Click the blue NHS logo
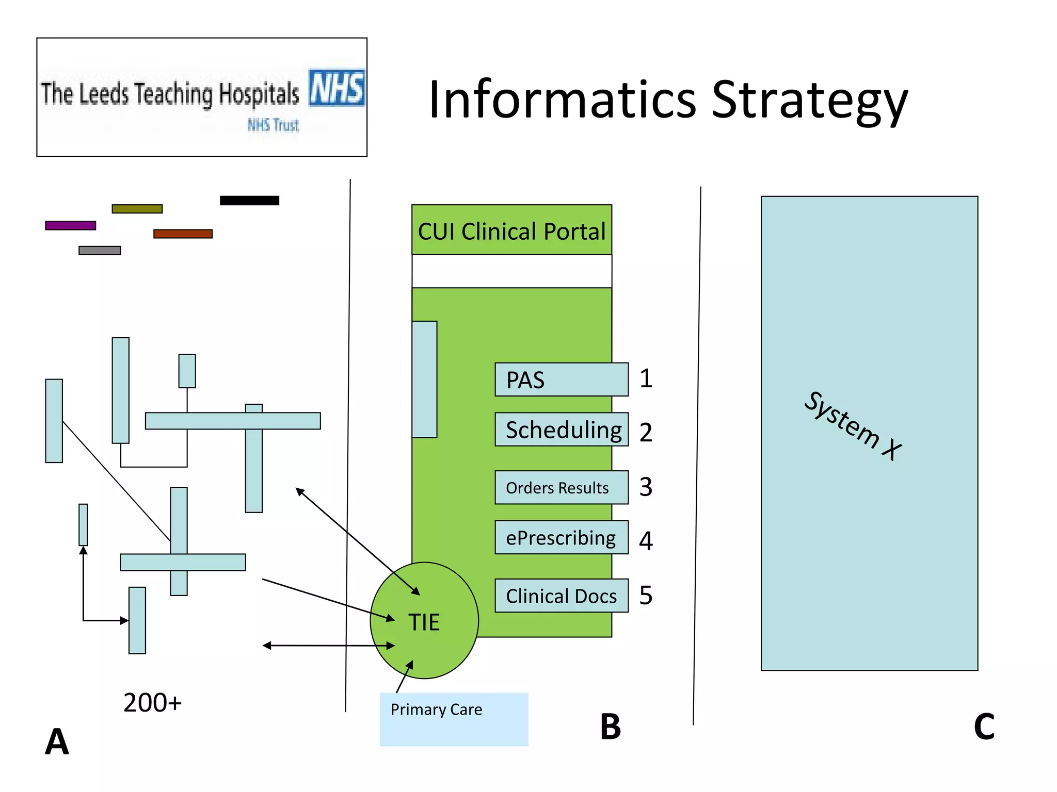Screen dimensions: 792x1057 337,88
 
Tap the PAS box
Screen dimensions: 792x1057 561,379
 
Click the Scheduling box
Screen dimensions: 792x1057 561,429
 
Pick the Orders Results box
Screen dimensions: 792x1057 561,487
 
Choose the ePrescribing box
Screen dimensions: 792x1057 561,537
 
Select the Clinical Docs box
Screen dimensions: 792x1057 561,596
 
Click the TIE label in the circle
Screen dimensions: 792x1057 424,622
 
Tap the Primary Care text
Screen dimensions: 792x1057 436,709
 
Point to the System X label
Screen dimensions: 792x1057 853,426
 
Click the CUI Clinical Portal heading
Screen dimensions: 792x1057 511,231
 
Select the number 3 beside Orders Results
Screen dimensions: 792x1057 646,487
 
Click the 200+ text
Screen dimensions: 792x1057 152,702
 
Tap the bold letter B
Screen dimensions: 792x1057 610,727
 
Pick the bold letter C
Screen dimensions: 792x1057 984,727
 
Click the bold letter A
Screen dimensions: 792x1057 57,741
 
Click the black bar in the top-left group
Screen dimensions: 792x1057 249,201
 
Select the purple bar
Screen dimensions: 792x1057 71,225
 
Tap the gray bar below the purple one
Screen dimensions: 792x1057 100,251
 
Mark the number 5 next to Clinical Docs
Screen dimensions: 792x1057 646,595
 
